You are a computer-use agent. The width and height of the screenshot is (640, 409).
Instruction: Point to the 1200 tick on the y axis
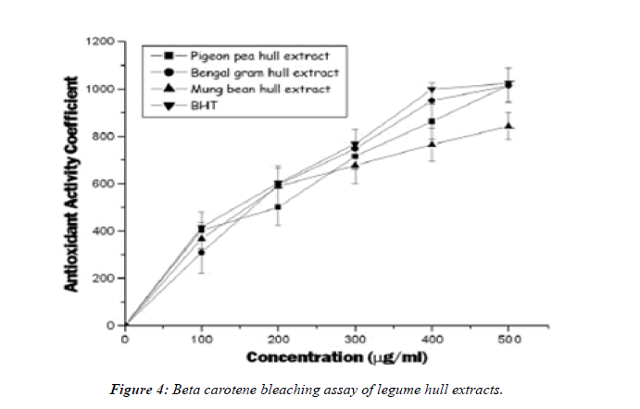pos(100,42)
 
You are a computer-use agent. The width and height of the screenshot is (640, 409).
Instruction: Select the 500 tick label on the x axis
pos(506,339)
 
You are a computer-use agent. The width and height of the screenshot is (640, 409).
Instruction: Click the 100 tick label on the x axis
pos(200,339)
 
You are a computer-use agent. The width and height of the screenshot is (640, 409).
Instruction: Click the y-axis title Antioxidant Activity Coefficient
pos(70,184)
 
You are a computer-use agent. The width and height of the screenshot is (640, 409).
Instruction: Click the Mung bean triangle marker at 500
pos(506,126)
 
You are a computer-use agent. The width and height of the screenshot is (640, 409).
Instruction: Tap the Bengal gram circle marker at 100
pos(200,252)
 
